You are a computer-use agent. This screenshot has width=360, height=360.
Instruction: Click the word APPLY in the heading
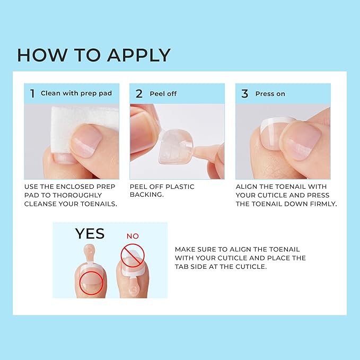point(139,55)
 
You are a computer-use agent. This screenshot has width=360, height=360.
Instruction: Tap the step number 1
point(32,93)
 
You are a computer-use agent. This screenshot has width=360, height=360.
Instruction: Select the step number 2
point(139,94)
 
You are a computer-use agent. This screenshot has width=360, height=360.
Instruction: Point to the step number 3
point(245,94)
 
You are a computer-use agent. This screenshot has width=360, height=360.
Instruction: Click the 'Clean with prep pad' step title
point(76,93)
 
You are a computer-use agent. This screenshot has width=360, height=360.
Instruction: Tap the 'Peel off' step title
point(163,94)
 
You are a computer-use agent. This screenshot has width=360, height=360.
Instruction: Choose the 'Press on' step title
point(270,94)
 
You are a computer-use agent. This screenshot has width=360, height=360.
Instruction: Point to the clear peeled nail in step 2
point(175,146)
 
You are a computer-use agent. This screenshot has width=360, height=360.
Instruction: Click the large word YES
point(90,234)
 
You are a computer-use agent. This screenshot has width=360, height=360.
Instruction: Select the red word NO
point(133,236)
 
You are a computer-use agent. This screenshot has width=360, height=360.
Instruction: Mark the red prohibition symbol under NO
point(133,256)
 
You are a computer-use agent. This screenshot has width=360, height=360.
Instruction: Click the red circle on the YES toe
point(91,283)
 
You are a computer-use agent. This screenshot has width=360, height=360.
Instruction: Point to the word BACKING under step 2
point(147,195)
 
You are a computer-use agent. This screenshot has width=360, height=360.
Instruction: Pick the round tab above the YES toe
point(89,249)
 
